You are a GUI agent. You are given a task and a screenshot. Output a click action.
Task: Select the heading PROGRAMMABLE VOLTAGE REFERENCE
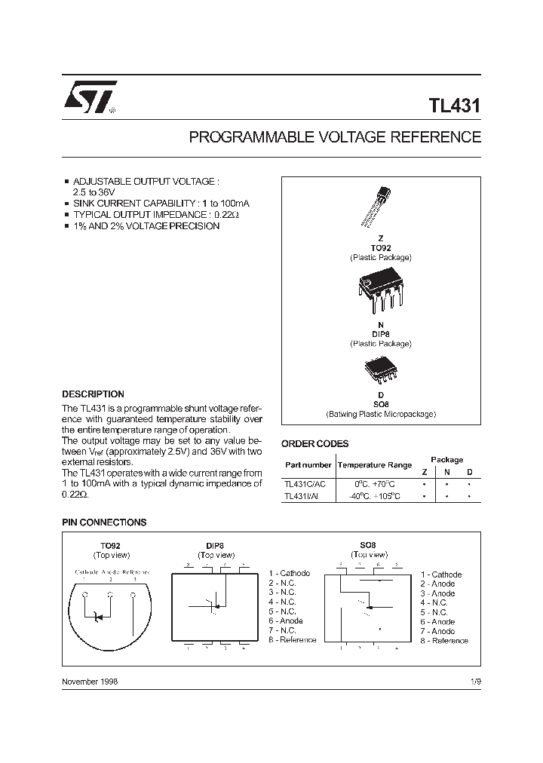point(334,138)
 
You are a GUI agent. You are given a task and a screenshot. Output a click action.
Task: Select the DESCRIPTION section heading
point(93,394)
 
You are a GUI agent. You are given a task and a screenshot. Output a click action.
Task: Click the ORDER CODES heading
point(314,444)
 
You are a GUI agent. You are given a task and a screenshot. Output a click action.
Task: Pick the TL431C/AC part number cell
point(305,483)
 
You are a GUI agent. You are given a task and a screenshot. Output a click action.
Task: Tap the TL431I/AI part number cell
point(302,496)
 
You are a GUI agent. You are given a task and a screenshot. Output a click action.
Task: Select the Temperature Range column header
point(374,465)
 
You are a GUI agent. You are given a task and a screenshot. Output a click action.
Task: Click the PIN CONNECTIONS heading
point(103,522)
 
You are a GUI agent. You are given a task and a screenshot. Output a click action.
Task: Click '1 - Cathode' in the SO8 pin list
point(441,575)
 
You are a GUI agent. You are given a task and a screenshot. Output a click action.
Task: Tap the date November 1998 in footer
point(90,681)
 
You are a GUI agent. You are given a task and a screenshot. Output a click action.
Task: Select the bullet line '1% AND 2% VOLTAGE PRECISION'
point(146,226)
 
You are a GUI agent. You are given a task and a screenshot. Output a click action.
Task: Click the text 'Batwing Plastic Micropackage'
point(381,414)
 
